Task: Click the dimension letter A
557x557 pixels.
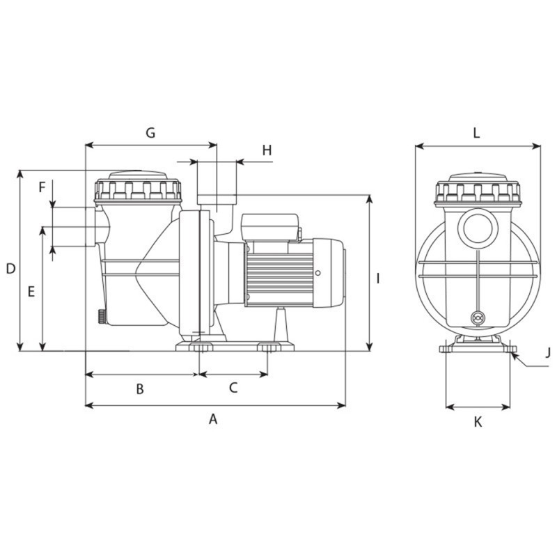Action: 214,419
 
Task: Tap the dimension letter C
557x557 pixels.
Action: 233,388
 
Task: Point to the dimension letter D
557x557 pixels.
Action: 10,269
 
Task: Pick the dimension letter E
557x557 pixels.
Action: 31,292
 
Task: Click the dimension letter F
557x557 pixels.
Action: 42,187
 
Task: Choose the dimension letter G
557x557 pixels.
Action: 150,132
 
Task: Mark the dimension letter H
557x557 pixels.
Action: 267,150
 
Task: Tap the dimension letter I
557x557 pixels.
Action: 378,278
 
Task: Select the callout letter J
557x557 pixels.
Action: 548,353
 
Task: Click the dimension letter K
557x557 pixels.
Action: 478,422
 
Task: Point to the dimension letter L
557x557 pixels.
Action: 476,133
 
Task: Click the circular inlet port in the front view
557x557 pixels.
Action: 477,226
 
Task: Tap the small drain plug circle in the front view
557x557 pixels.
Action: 478,317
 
